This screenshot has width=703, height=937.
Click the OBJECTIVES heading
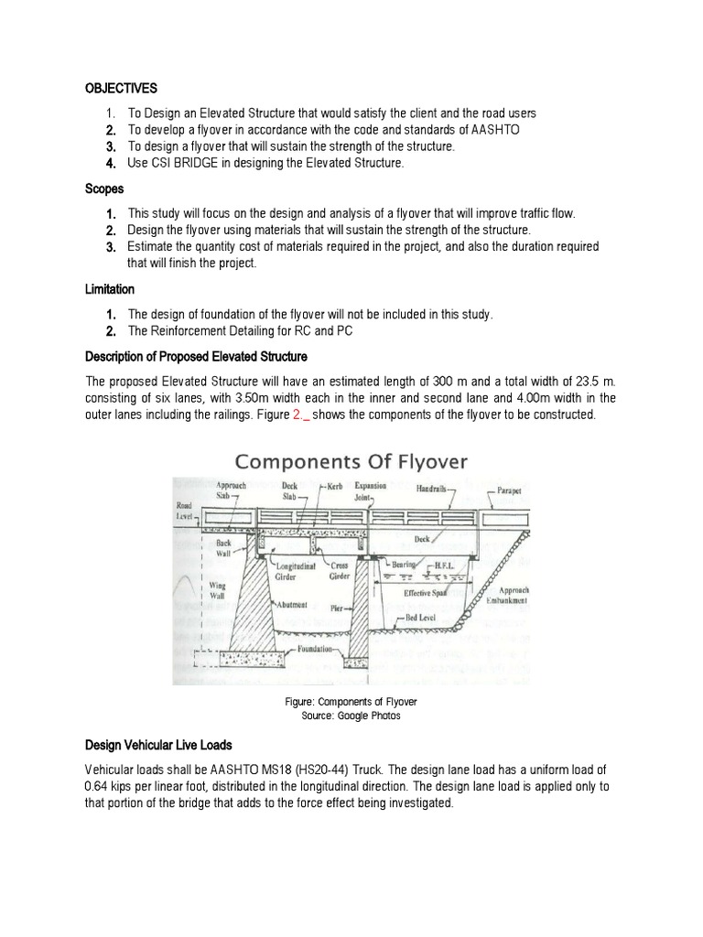pos(121,88)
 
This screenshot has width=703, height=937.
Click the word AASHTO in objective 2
pos(494,129)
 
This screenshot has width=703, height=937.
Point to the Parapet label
pos(510,490)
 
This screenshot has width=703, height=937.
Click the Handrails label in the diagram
pos(435,489)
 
